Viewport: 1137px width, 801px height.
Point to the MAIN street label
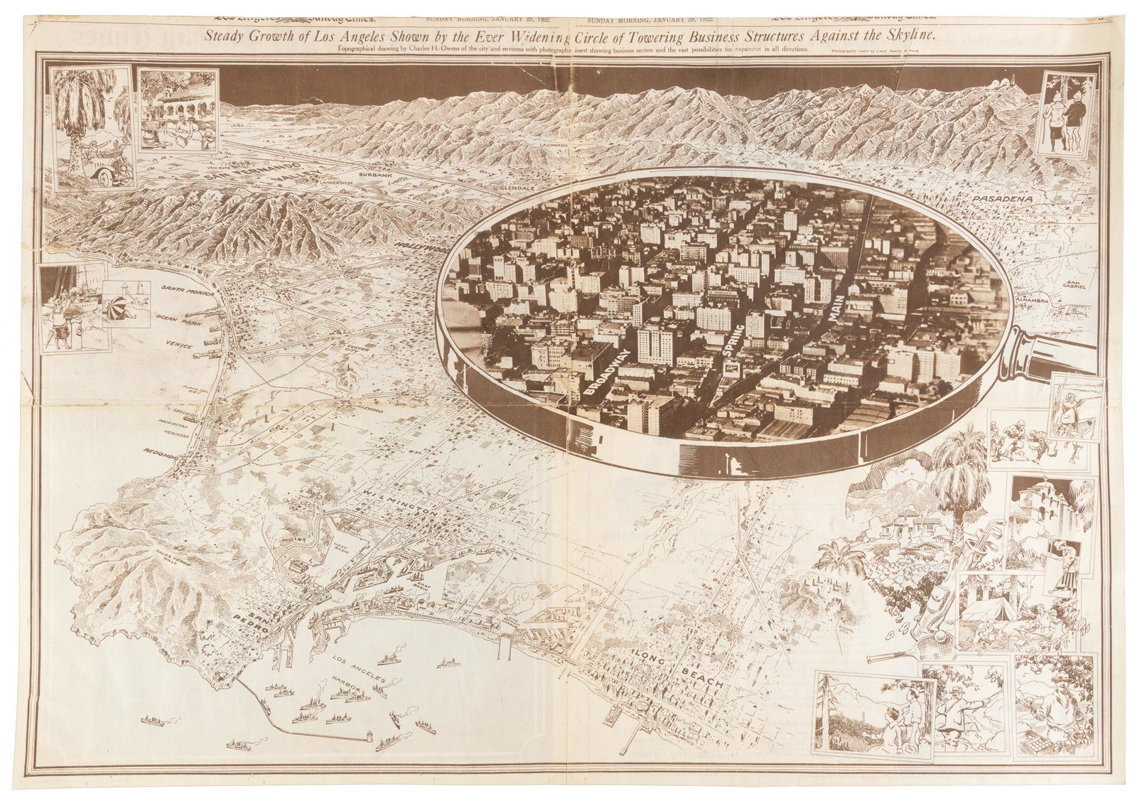pyautogui.click(x=836, y=310)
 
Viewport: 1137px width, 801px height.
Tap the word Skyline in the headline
pyautogui.click(x=908, y=34)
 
